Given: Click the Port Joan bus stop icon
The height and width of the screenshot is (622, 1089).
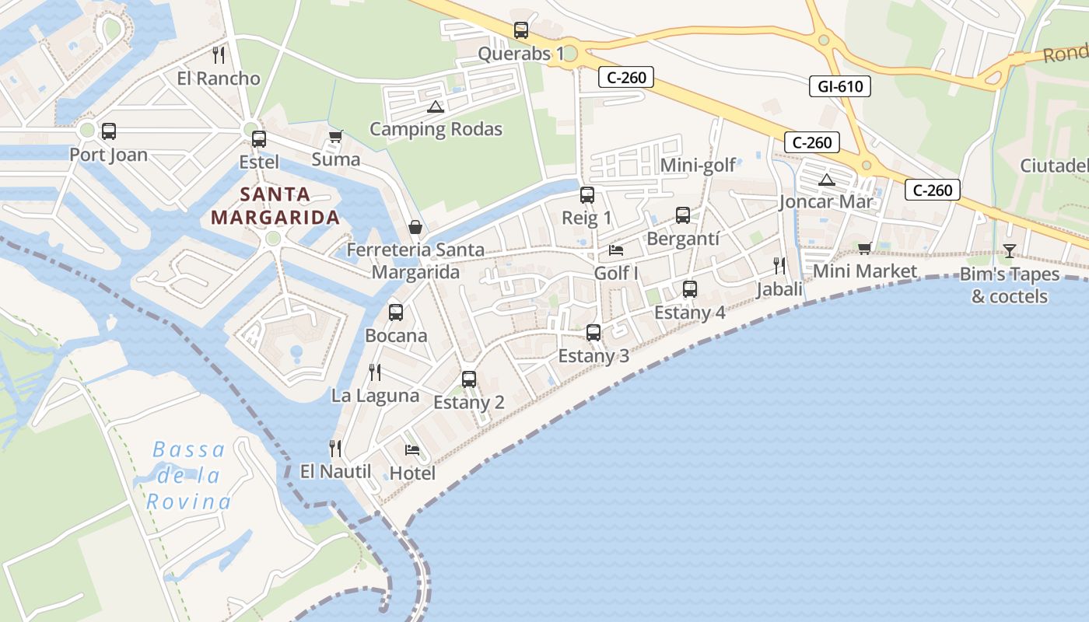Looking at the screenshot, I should tap(109, 131).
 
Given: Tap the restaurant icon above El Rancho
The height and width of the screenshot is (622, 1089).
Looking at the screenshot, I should tap(219, 54).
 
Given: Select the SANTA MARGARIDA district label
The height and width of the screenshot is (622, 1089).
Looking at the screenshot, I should tap(275, 205).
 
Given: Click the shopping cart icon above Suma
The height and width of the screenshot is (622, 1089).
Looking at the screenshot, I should tap(335, 136).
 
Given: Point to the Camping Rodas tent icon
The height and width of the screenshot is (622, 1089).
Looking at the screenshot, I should tap(435, 106).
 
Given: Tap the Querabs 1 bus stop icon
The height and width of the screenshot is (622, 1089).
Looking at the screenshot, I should tap(521, 30).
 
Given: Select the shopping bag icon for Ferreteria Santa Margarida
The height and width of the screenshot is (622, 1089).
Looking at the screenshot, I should tap(415, 226).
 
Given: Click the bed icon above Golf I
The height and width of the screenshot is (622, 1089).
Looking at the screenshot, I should tap(616, 250).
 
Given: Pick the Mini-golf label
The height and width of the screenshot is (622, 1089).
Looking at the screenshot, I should tap(699, 165).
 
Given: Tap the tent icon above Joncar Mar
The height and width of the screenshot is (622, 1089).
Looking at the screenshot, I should tap(827, 180).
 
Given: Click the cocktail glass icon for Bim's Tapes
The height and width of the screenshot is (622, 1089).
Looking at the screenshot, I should tap(1010, 250).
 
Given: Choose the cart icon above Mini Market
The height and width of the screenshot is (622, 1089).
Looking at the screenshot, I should tap(864, 248).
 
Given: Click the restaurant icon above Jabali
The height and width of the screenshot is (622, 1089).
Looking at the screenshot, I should tap(779, 266).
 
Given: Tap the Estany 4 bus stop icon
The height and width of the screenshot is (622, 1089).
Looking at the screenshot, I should tap(690, 289).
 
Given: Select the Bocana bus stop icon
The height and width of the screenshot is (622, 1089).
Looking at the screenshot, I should tap(396, 313).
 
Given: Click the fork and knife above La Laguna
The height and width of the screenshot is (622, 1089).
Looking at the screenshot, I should tap(375, 372).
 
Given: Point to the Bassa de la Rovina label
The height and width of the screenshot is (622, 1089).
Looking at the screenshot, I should tap(188, 475).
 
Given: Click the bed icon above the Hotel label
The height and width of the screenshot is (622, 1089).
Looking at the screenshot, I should tap(412, 450).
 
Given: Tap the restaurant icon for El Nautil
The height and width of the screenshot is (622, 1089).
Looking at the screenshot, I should tap(335, 448).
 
